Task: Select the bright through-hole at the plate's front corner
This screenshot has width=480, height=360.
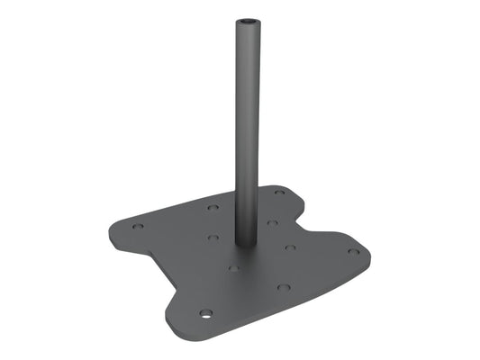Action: (x=206, y=314)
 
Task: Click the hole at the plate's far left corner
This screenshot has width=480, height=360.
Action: (x=137, y=226)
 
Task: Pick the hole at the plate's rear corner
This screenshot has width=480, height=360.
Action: (x=279, y=192)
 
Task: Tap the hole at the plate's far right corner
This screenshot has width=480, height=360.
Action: (x=354, y=251)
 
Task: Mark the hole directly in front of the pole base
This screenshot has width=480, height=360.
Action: (x=233, y=267)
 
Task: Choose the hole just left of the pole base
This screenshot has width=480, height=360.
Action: (x=213, y=238)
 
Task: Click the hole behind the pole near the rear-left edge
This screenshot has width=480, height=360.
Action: (x=213, y=207)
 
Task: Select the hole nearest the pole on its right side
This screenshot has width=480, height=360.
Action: (x=270, y=222)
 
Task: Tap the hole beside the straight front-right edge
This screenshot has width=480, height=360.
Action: (x=284, y=287)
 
